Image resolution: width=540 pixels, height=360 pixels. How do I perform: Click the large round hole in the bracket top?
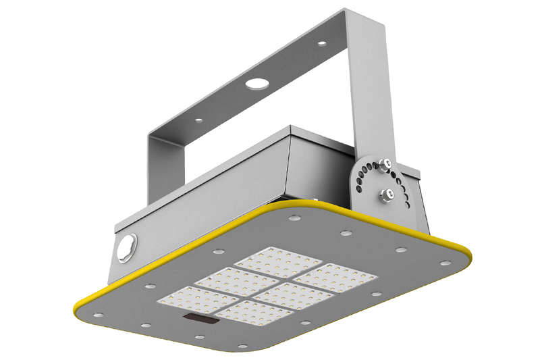pos(256,84)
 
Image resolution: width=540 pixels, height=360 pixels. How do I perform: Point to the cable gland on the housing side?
pos(126,247)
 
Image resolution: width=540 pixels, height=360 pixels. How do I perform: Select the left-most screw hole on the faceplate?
pos(98,315)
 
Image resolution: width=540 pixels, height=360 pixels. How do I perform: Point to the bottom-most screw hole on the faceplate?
pos(242,346)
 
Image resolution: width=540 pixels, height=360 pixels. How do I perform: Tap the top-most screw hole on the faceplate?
pos(294,218)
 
